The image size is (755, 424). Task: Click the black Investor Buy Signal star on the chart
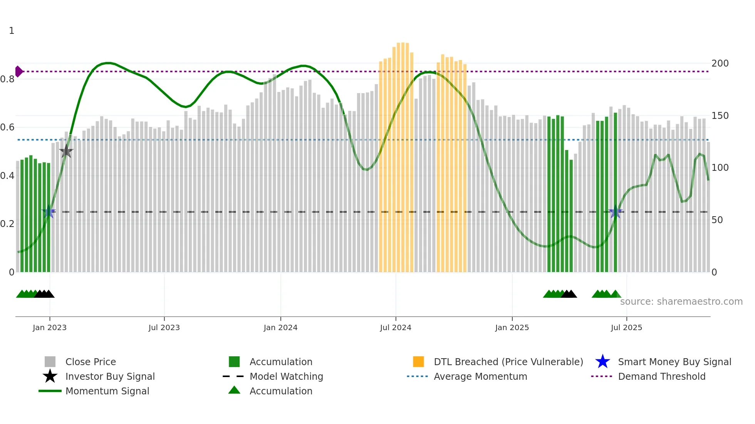(x=66, y=151)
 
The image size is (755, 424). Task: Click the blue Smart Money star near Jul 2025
(x=615, y=212)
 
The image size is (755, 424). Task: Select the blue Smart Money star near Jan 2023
(x=49, y=212)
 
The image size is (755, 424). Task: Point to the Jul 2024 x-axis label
(x=396, y=327)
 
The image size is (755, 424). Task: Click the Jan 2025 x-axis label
(x=512, y=327)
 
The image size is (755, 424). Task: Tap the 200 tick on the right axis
(x=720, y=63)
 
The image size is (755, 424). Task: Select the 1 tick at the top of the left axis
(x=12, y=31)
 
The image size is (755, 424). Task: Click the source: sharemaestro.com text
(x=681, y=302)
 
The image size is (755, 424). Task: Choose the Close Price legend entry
(x=91, y=362)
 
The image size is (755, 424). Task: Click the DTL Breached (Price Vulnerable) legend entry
(x=508, y=362)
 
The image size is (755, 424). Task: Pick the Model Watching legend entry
(x=286, y=376)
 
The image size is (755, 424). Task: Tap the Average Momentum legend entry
(x=480, y=376)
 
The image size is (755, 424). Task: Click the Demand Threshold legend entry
(x=661, y=376)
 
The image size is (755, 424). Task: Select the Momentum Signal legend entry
(x=107, y=391)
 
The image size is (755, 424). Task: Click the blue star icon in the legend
(x=602, y=362)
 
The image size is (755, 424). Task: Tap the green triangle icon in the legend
(x=234, y=390)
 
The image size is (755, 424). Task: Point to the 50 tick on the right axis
(x=717, y=220)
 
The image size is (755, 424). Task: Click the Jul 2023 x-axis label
(x=164, y=327)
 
